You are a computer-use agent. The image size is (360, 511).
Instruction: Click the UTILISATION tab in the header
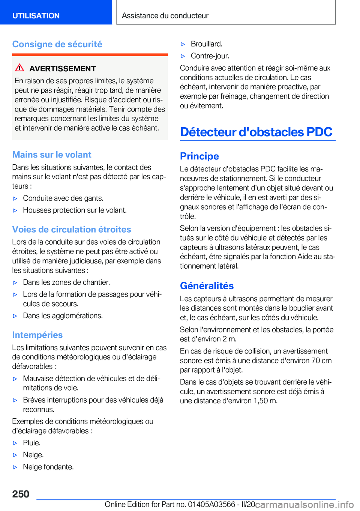pos(36,16)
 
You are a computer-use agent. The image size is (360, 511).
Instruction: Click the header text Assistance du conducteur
pos(165,16)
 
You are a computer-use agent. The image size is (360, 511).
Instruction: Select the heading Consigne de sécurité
pos(57,44)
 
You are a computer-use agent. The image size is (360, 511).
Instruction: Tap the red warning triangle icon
pos(19,68)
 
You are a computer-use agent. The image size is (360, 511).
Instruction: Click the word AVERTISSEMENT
pos(63,69)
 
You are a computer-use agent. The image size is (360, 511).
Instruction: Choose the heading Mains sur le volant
pos(52,155)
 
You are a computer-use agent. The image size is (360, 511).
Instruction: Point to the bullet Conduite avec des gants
pos(63,198)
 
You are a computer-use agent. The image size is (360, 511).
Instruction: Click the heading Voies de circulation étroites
pos(72,229)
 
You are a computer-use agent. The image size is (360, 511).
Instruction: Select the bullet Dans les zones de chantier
pos(66,282)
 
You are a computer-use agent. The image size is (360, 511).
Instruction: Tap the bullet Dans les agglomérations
pos(63,316)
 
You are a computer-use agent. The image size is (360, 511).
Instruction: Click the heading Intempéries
pos(37,335)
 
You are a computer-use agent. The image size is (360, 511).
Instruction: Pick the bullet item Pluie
pos(31,443)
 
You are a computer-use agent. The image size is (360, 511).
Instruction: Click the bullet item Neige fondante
pos(48,467)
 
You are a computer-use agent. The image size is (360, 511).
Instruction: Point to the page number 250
pos(21,494)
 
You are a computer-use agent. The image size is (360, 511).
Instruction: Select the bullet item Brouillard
pos(207,44)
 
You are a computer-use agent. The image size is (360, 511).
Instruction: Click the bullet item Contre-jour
pos(210,56)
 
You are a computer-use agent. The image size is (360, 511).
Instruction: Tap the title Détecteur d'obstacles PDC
pos(256,132)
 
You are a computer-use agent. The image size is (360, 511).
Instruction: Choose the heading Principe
pos(199,156)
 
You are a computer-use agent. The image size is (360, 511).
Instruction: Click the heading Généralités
pos(207,286)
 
